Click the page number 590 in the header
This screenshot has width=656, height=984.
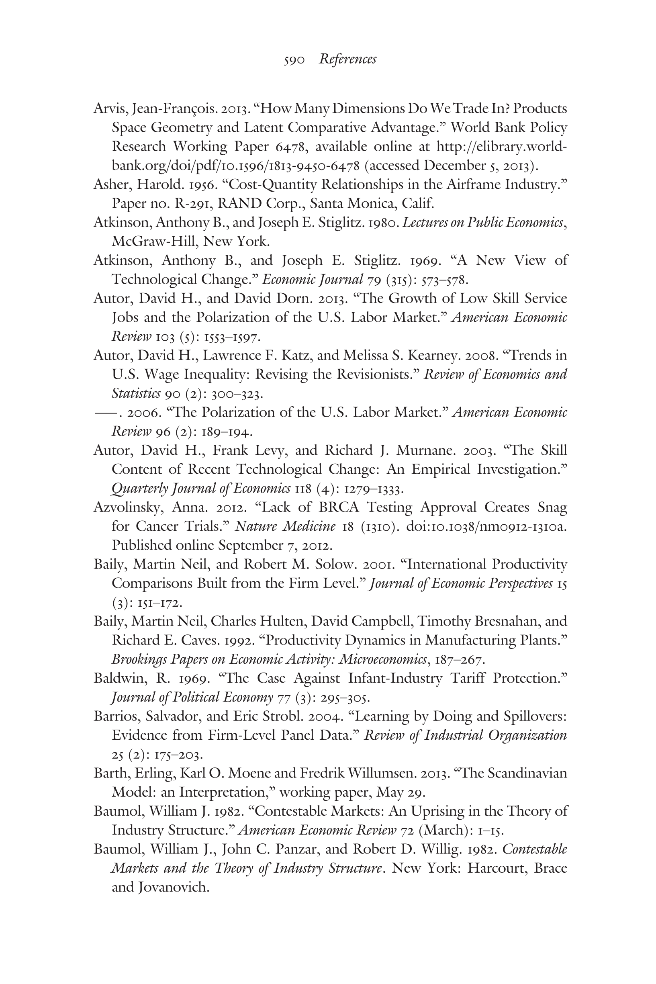tap(294, 60)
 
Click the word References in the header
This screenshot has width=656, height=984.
tap(347, 59)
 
